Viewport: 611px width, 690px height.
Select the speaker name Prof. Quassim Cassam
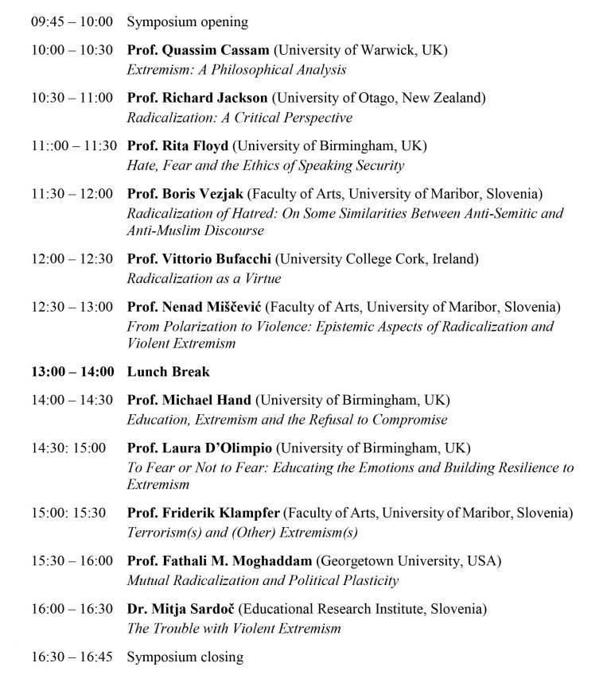pos(198,50)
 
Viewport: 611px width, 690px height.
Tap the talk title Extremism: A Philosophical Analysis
pos(236,70)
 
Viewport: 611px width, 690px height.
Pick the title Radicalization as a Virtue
pos(204,279)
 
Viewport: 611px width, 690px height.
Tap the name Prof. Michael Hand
pos(189,400)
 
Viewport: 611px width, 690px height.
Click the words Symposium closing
pos(185,657)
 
